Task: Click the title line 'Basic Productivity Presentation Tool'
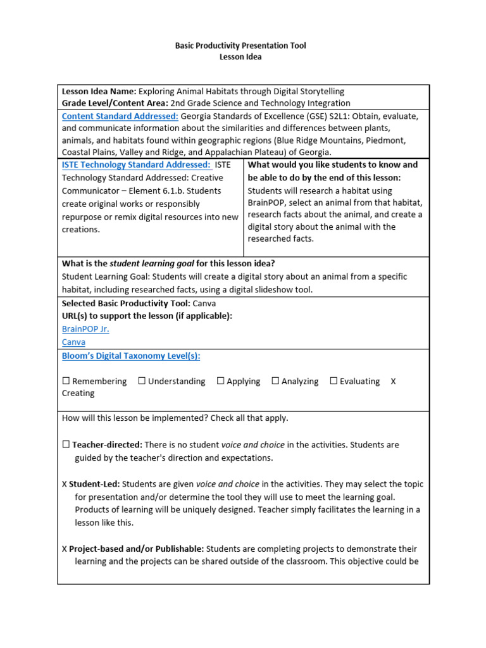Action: pyautogui.click(x=240, y=46)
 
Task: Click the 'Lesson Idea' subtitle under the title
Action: pyautogui.click(x=240, y=57)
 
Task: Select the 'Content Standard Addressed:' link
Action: pyautogui.click(x=120, y=116)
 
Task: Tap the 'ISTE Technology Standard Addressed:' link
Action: pyautogui.click(x=136, y=165)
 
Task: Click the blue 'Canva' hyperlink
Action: pyautogui.click(x=73, y=342)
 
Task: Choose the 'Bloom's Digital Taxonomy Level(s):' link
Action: pyautogui.click(x=131, y=356)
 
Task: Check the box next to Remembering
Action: pyautogui.click(x=66, y=381)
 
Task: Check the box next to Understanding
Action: pyautogui.click(x=142, y=381)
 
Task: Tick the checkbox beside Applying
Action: pyautogui.click(x=220, y=381)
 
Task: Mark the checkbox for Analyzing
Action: pyautogui.click(x=275, y=381)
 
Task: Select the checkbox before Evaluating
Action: pyautogui.click(x=333, y=381)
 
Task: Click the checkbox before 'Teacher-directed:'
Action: pyautogui.click(x=66, y=445)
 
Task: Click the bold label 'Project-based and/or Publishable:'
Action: pyautogui.click(x=136, y=549)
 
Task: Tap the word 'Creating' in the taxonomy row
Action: pyautogui.click(x=78, y=393)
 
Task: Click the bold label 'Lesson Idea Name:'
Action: pyautogui.click(x=99, y=91)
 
